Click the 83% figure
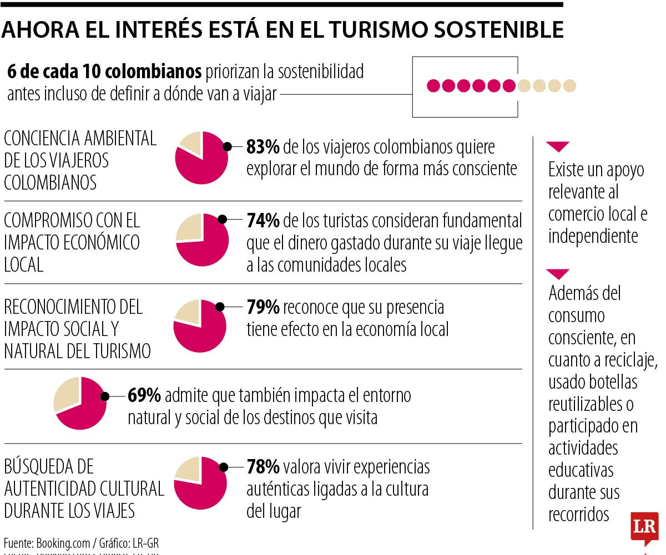(263, 147)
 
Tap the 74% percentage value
(263, 221)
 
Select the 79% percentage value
(263, 307)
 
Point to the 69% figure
(144, 395)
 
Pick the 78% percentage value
(263, 467)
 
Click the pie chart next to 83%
(201, 158)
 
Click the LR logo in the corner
(644, 526)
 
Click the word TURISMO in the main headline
(375, 30)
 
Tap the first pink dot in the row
(434, 85)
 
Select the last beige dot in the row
(569, 85)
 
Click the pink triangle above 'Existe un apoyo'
(558, 147)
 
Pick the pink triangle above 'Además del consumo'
(558, 274)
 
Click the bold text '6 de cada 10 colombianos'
(104, 72)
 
